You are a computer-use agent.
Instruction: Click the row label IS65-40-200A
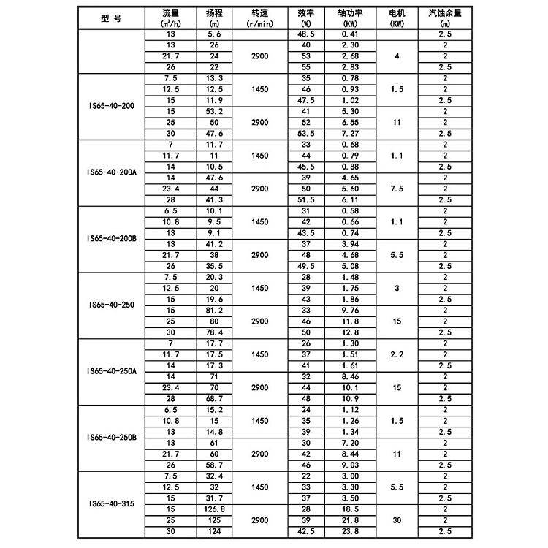[112, 172]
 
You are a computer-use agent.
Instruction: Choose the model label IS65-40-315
[112, 503]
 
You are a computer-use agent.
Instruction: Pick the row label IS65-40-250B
[112, 437]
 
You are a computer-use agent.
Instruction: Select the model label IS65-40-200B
[112, 239]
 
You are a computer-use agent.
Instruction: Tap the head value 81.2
[213, 310]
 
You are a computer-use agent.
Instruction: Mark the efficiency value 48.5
[306, 34]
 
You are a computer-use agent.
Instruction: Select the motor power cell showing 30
[397, 520]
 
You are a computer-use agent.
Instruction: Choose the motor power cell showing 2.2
[397, 354]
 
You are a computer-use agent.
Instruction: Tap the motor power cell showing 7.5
[397, 188]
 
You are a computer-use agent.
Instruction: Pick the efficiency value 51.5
[306, 199]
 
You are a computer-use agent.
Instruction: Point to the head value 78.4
[213, 332]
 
